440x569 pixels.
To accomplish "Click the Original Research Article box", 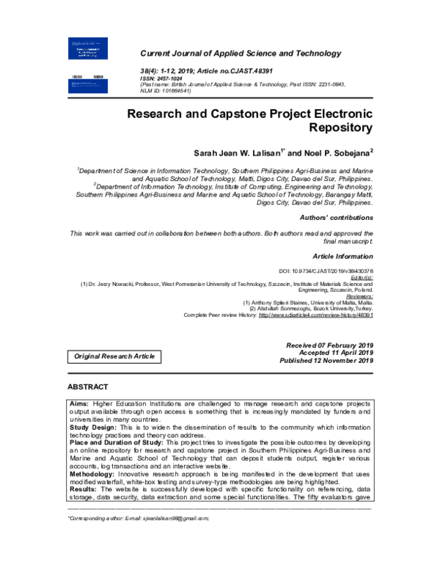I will coord(114,356).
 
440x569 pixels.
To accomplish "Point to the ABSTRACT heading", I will coord(87,386).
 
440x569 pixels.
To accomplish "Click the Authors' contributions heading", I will coord(337,219).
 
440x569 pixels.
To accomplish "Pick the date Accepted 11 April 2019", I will coord(328,352).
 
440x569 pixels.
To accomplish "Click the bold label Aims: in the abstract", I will coord(79,403).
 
